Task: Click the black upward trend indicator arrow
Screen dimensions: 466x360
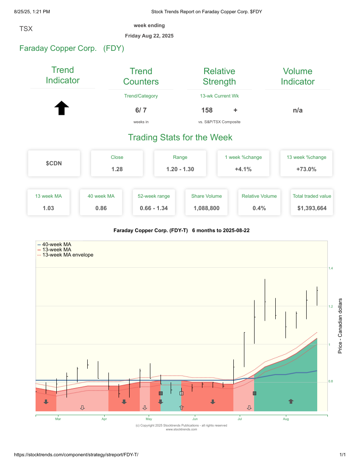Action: coord(62,108)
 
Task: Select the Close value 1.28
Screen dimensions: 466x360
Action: coord(117,169)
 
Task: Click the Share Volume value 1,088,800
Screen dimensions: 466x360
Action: coord(206,208)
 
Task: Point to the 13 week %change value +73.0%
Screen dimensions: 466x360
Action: coord(306,169)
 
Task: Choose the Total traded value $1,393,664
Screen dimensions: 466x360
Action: coord(312,208)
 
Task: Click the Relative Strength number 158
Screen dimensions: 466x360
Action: coord(207,110)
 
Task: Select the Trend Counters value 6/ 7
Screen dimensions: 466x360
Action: coord(141,110)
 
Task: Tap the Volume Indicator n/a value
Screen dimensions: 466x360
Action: coord(297,110)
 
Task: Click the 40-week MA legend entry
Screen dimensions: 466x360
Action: coord(56,244)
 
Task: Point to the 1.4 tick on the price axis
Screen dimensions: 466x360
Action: coord(331,268)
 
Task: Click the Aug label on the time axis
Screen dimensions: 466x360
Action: coord(286,419)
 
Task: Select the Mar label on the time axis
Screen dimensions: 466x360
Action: coord(58,419)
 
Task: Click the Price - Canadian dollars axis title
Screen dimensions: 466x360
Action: coord(340,326)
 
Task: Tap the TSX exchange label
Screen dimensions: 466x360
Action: coord(26,29)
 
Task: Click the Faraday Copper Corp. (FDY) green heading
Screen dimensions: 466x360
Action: coord(72,48)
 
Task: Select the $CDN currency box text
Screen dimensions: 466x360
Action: coord(54,163)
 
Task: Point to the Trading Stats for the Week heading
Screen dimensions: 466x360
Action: coord(180,137)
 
